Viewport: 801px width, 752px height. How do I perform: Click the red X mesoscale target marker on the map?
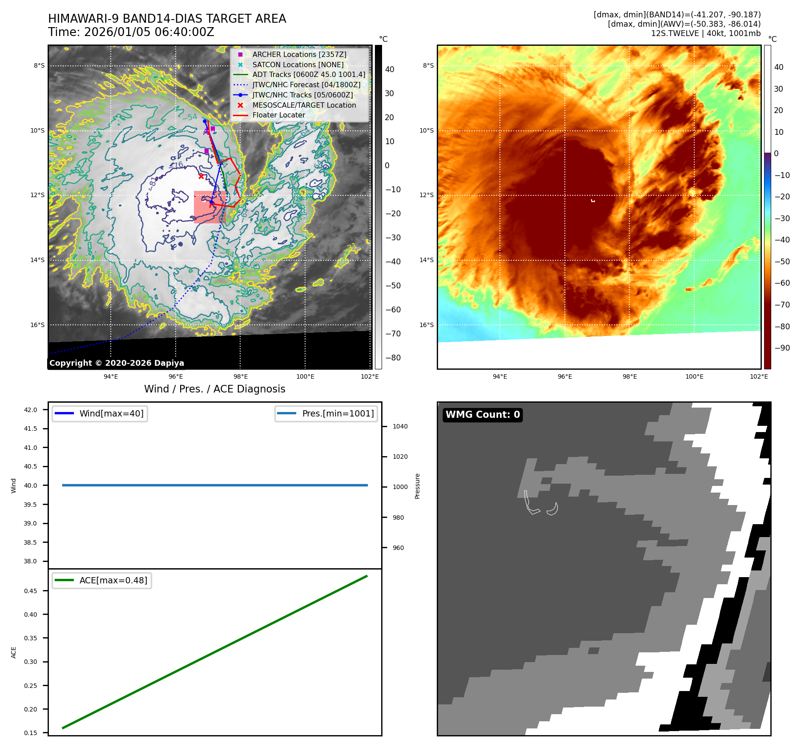pyautogui.click(x=201, y=176)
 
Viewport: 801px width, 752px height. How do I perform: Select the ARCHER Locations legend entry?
pyautogui.click(x=299, y=54)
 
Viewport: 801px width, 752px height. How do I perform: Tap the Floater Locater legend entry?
pyautogui.click(x=278, y=115)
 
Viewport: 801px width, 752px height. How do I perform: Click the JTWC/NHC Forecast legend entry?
pyautogui.click(x=306, y=85)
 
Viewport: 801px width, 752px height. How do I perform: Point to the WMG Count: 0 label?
pyautogui.click(x=483, y=415)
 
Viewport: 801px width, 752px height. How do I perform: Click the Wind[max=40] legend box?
pyautogui.click(x=100, y=413)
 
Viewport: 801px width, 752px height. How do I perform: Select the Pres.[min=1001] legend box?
pyautogui.click(x=326, y=413)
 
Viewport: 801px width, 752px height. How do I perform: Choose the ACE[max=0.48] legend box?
pyautogui.click(x=101, y=580)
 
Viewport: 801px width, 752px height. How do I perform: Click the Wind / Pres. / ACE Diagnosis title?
pyautogui.click(x=214, y=389)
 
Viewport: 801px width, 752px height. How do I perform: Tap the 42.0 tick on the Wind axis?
pyautogui.click(x=31, y=410)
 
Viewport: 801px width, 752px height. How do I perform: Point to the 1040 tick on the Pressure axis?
pyautogui.click(x=400, y=426)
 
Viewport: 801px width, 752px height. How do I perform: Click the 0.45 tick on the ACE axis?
pyautogui.click(x=31, y=591)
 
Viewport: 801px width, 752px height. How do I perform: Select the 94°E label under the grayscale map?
pyautogui.click(x=111, y=376)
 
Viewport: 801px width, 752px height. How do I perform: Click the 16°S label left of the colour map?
pyautogui.click(x=426, y=325)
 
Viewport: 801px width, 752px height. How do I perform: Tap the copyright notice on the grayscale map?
pyautogui.click(x=117, y=363)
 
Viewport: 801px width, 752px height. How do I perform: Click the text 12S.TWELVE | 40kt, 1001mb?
pyautogui.click(x=705, y=33)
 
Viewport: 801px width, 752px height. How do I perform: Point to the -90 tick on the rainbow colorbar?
pyautogui.click(x=782, y=348)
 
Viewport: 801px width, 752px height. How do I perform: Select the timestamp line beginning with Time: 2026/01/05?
pyautogui.click(x=131, y=32)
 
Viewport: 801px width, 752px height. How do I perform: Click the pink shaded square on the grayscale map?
pyautogui.click(x=209, y=207)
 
